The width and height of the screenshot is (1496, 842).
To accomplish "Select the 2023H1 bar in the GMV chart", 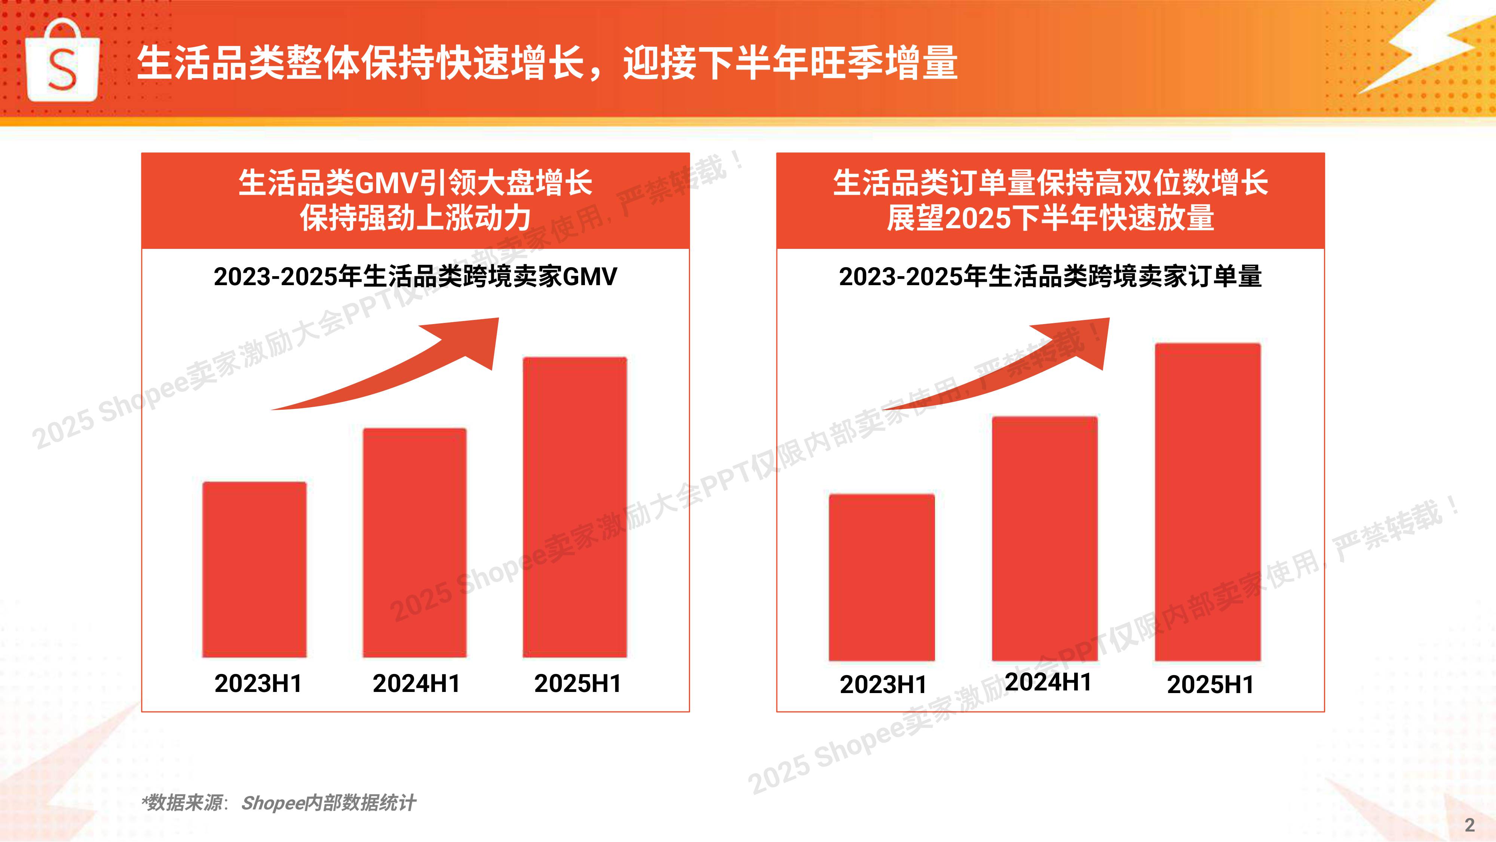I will point(254,570).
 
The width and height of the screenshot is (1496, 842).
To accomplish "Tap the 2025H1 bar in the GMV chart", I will point(575,507).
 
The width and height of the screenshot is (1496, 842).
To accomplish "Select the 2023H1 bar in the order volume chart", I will point(882,577).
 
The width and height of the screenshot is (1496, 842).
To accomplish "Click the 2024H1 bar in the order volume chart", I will point(1045,538).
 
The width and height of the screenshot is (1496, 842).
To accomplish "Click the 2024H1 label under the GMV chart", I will point(416,683).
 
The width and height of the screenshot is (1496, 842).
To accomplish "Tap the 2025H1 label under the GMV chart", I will point(578,683).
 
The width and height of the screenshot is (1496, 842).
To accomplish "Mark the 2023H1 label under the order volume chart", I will point(883,684).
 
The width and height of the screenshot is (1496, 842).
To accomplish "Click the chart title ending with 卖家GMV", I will point(415,277).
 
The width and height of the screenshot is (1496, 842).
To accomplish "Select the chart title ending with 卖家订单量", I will point(1050,277).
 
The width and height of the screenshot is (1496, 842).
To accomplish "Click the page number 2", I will point(1470,824).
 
